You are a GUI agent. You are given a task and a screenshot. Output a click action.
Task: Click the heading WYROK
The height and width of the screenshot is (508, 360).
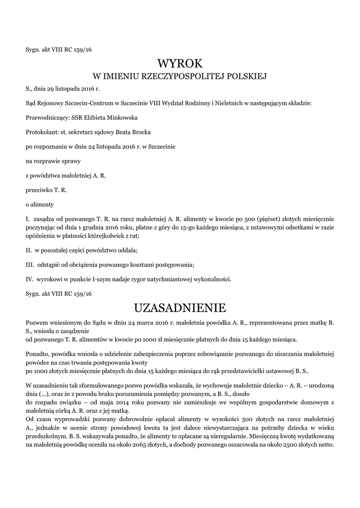[x=180, y=63]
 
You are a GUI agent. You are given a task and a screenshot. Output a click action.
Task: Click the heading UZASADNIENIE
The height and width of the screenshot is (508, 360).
[x=180, y=308]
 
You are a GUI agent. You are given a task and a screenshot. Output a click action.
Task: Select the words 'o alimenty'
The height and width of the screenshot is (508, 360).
[x=40, y=204]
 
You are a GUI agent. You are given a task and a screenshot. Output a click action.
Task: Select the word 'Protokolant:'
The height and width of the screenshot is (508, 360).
[x=42, y=132]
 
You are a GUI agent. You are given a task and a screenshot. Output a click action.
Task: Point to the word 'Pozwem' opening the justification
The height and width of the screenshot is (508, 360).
[x=37, y=323]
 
